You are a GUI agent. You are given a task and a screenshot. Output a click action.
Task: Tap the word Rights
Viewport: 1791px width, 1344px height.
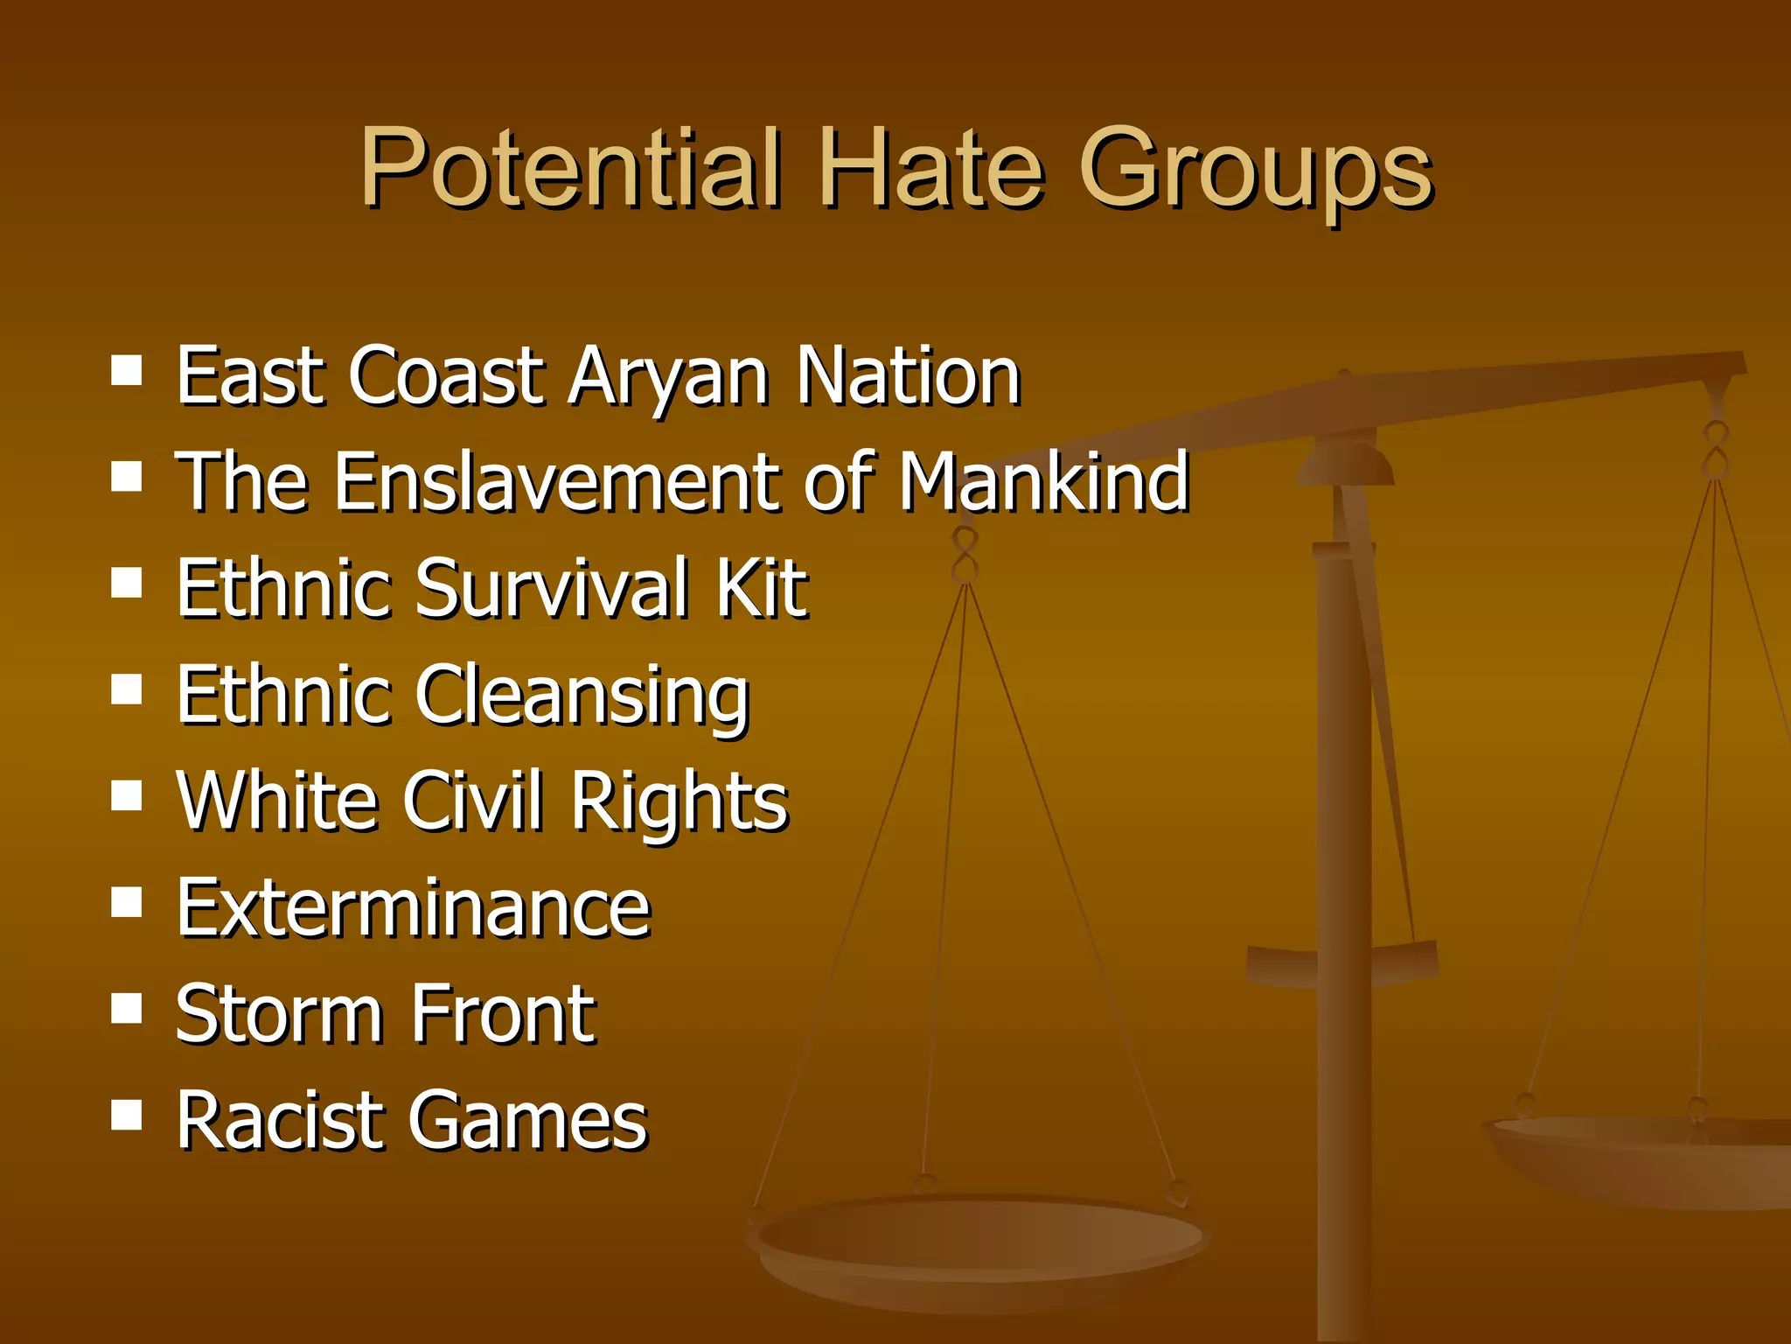click(x=679, y=803)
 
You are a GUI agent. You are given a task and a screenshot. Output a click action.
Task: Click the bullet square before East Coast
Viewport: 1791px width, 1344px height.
click(x=128, y=371)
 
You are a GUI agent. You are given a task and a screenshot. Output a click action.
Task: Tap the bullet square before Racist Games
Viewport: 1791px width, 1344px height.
click(x=128, y=1116)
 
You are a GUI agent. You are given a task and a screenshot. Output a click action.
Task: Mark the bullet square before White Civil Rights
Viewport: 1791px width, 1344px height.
click(x=128, y=796)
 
